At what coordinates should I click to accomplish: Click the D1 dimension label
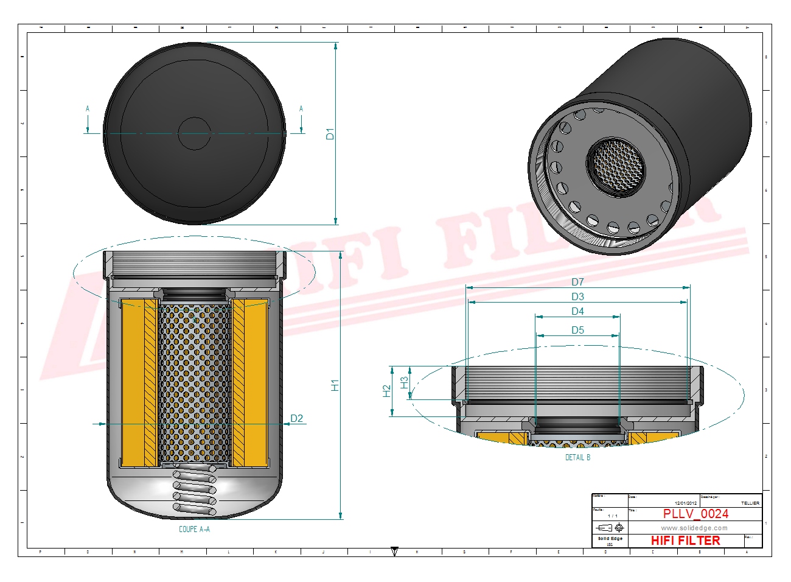coord(330,133)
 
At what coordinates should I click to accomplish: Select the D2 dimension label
coord(296,418)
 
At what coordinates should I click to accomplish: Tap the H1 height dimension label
coord(335,385)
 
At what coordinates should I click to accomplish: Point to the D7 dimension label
coord(577,282)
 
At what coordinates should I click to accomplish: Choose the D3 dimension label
coord(577,296)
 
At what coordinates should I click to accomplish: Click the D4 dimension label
coord(577,311)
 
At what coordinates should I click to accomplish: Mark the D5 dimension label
coord(577,330)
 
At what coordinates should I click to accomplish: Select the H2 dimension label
coord(386,391)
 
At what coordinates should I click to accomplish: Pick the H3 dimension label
coord(405,382)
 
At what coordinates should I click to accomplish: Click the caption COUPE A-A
coord(194,529)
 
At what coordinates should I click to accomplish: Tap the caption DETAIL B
coord(577,457)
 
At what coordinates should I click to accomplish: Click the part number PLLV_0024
coord(695,514)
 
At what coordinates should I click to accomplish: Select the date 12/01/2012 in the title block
coord(686,503)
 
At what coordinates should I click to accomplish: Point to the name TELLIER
coord(750,503)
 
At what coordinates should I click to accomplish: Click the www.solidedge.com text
coord(694,528)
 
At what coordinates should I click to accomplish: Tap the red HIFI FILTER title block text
coord(685,541)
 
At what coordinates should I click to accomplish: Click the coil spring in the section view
coord(195,490)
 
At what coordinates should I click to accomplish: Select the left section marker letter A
coord(88,109)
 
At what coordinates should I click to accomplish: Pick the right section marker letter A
coord(301,109)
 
